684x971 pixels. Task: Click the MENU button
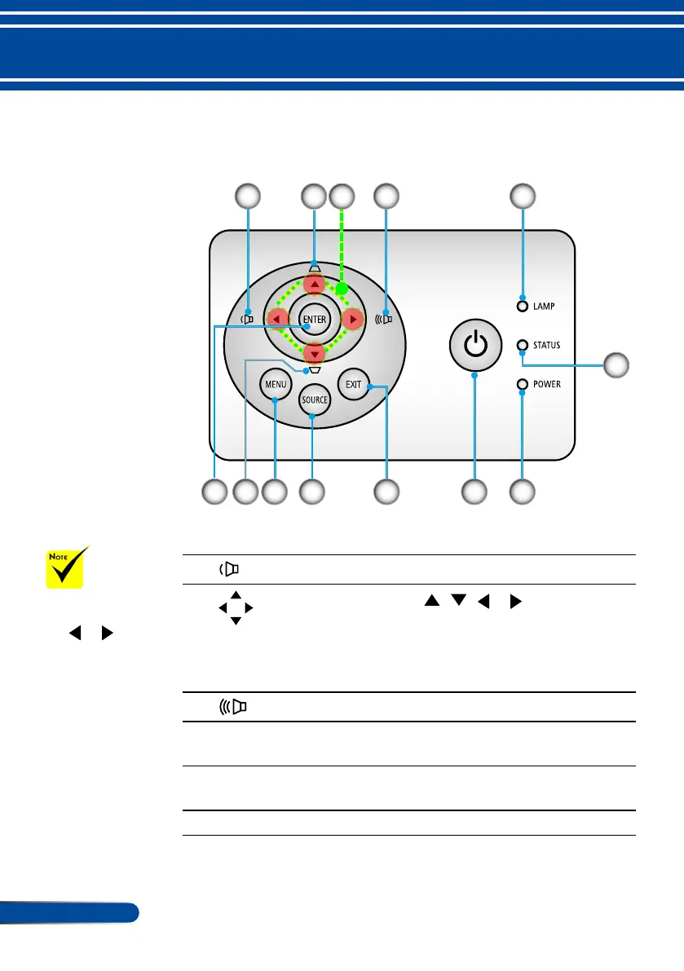pyautogui.click(x=275, y=383)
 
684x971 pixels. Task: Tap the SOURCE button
pyautogui.click(x=314, y=400)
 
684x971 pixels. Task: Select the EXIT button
pyautogui.click(x=353, y=383)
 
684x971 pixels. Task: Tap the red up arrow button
pyautogui.click(x=314, y=284)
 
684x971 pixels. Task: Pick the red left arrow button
pyautogui.click(x=278, y=319)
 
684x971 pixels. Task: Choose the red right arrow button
pyautogui.click(x=351, y=319)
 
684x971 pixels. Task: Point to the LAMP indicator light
pyautogui.click(x=523, y=307)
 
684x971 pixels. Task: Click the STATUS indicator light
pyautogui.click(x=523, y=345)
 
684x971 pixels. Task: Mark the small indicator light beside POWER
pyautogui.click(x=523, y=384)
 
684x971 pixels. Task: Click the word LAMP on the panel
pyautogui.click(x=546, y=307)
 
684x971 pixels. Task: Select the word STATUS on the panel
pyautogui.click(x=547, y=345)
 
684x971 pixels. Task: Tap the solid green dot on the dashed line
pyautogui.click(x=342, y=289)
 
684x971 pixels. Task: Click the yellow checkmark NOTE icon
pyautogui.click(x=66, y=566)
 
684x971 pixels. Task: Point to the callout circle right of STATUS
pyautogui.click(x=617, y=365)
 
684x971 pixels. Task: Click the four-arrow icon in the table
pyautogui.click(x=236, y=608)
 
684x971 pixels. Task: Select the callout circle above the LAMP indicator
pyautogui.click(x=523, y=195)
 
